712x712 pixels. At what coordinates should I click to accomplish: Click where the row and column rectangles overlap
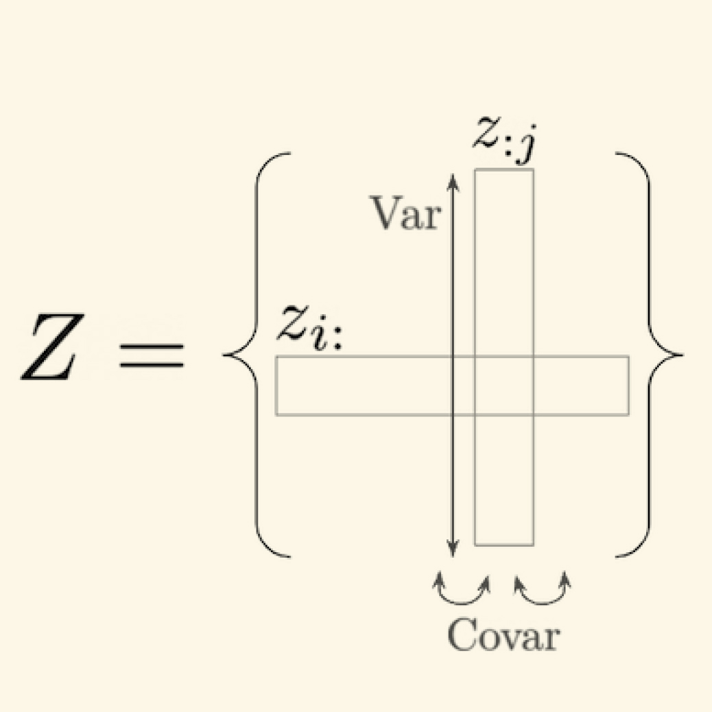503,385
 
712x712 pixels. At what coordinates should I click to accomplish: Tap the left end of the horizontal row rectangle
278,385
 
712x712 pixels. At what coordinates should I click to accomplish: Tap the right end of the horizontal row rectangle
627,385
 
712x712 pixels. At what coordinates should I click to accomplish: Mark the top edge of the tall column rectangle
503,169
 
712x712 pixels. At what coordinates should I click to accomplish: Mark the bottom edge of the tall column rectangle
503,545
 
